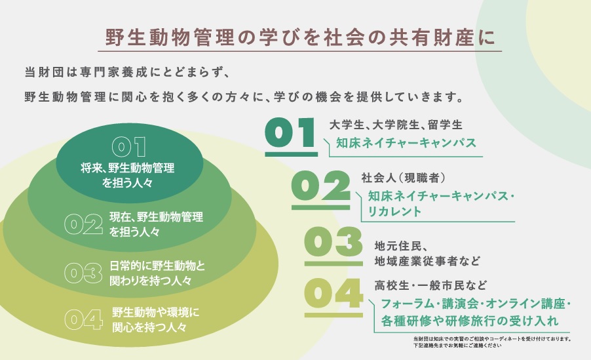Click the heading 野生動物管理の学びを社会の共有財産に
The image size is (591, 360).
click(299, 37)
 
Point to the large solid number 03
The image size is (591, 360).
click(334, 241)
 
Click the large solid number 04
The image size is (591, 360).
click(334, 293)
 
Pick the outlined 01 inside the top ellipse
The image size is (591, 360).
click(129, 147)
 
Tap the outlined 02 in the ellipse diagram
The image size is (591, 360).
click(83, 224)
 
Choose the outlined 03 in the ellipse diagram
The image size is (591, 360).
click(83, 273)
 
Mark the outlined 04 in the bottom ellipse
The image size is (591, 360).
click(83, 319)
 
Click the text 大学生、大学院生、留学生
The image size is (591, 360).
click(396, 125)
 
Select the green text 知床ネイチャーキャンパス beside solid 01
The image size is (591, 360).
click(406, 143)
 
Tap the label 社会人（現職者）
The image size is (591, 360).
click(404, 178)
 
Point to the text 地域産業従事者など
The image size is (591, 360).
click(427, 261)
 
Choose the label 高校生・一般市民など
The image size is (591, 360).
click(431, 285)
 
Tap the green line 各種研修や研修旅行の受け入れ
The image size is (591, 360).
click(470, 321)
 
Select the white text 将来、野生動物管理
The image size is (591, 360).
click(127, 168)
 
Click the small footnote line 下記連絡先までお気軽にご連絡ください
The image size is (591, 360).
click(457, 346)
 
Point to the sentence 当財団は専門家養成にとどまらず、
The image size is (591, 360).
click(126, 72)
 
